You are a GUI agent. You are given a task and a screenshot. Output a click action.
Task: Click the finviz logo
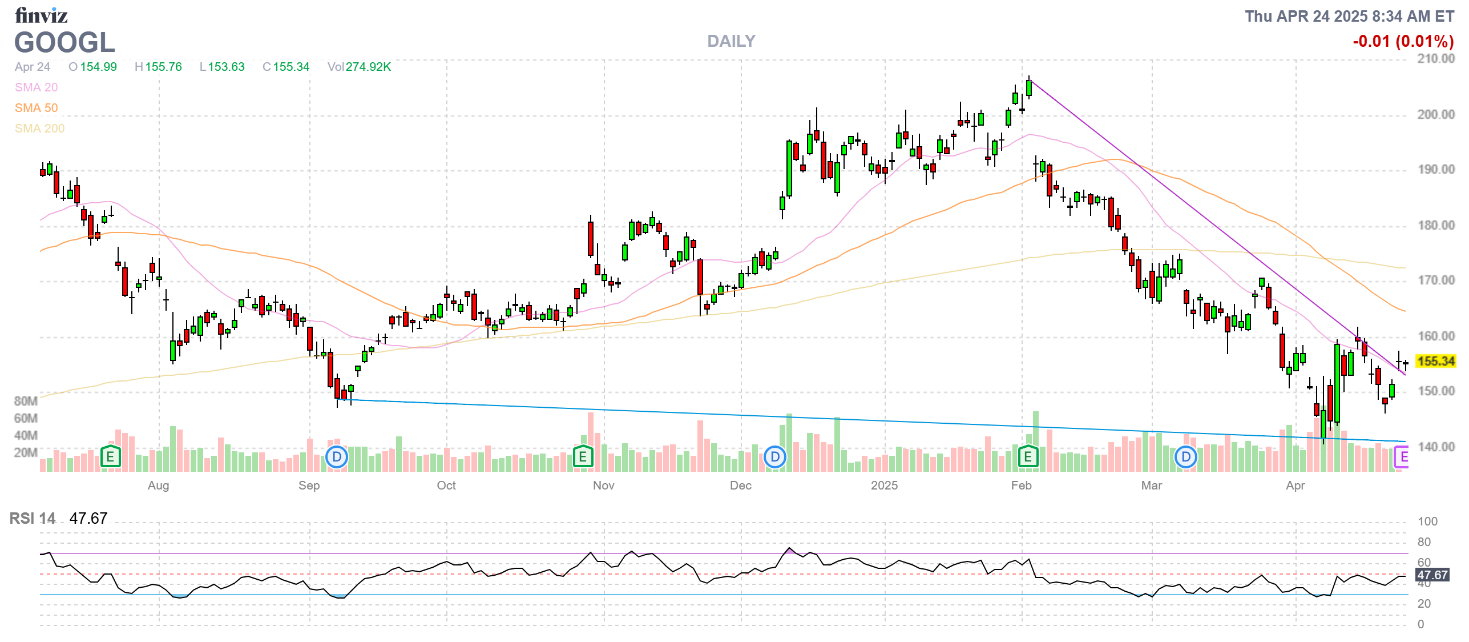(x=41, y=15)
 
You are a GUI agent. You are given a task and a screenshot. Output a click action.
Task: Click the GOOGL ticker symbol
(x=64, y=43)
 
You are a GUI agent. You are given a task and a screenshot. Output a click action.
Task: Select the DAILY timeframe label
(x=731, y=41)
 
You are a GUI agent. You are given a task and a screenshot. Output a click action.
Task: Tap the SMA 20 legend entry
(x=36, y=87)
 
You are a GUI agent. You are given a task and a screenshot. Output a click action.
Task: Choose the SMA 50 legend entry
(x=36, y=108)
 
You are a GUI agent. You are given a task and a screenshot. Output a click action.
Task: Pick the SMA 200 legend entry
(x=39, y=129)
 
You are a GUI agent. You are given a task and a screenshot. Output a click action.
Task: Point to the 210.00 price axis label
(x=1435, y=59)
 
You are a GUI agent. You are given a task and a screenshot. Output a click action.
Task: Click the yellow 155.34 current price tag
(x=1435, y=361)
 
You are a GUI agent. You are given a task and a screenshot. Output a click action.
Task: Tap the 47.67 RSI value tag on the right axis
(x=1432, y=575)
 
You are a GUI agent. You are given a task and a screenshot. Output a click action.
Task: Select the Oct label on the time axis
(x=446, y=485)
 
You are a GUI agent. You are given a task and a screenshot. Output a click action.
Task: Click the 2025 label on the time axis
(x=884, y=485)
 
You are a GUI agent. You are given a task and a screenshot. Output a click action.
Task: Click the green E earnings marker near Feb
(x=1027, y=456)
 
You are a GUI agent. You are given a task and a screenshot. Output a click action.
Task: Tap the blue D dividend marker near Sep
(x=337, y=456)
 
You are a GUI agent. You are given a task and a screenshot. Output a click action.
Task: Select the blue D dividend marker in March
(x=1185, y=456)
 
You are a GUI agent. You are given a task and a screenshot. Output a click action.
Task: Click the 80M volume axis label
(x=26, y=401)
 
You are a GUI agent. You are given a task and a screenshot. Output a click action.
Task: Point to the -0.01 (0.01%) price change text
(x=1403, y=41)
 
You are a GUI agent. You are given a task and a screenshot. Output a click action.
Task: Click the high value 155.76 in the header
(x=163, y=67)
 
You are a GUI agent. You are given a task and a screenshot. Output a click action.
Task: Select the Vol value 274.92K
(x=368, y=67)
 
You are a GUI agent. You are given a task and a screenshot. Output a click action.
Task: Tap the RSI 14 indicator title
(x=33, y=518)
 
